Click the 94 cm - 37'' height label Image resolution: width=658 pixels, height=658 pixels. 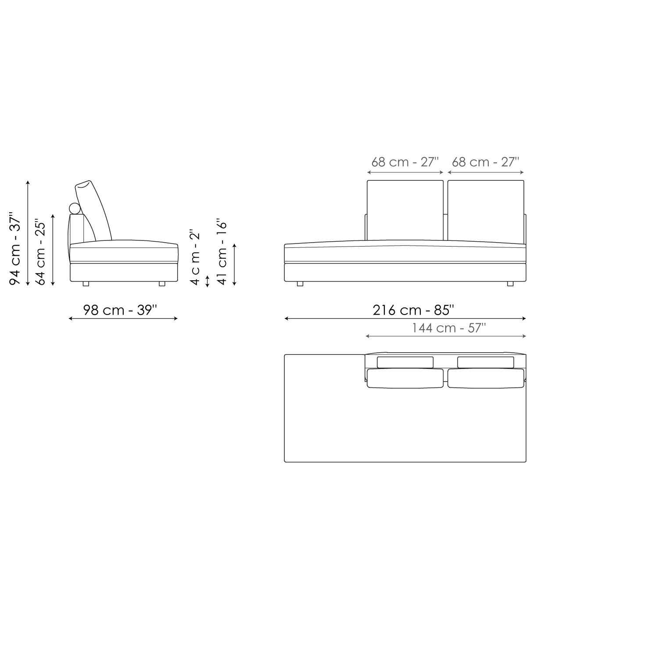(15, 249)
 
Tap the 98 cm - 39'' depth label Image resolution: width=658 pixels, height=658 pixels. (120, 310)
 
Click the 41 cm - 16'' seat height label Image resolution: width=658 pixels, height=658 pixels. (222, 252)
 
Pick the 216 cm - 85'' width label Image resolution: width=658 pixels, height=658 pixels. (413, 310)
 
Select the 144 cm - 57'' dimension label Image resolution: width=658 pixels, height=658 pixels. (449, 328)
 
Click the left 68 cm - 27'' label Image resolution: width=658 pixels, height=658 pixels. (405, 162)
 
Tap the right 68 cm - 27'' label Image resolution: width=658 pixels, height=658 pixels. (486, 162)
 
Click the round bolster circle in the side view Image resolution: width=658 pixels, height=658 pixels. (75, 209)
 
